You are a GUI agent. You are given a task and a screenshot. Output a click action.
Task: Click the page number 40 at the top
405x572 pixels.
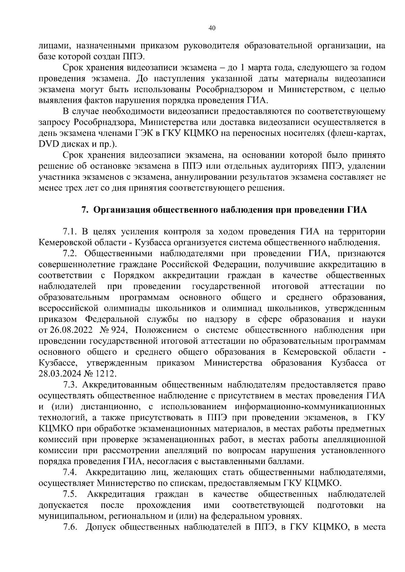212,28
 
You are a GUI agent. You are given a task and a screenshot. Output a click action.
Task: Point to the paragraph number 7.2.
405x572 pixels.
70,253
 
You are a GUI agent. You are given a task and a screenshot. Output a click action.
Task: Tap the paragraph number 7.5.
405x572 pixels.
70,494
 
